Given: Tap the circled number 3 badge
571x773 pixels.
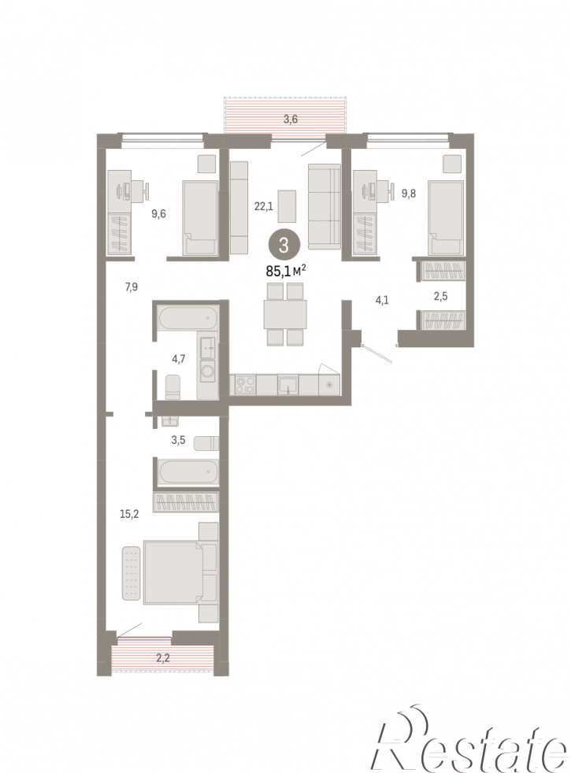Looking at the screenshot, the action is (284, 245).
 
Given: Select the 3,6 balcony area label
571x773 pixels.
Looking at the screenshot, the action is (291, 119).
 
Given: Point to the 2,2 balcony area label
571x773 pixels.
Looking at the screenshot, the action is (163, 657).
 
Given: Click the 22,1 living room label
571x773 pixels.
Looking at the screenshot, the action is (263, 207).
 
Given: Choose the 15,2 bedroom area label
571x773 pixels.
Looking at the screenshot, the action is (129, 514).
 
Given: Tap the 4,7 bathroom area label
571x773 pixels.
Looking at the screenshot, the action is (179, 359).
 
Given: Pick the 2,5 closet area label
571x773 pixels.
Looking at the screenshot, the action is (440, 297).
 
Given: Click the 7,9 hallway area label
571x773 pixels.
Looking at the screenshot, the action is (132, 287).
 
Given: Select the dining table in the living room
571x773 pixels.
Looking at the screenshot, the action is (285, 314).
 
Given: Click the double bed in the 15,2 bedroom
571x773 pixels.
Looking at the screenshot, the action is (180, 572).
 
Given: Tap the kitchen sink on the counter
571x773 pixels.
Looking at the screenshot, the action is (288, 385).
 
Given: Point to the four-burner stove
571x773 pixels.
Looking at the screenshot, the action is (245, 385).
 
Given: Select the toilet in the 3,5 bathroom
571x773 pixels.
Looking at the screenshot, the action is (205, 443).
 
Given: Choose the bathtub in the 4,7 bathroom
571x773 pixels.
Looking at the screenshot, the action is (187, 319).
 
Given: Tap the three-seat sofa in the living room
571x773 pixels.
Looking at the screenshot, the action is (324, 206).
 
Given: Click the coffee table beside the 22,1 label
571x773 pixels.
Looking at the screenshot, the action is (287, 206).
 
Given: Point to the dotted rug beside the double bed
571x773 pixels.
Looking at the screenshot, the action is (131, 573).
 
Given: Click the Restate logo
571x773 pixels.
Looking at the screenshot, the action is (471, 739).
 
